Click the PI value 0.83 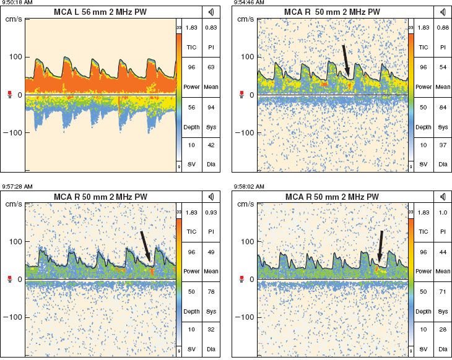click(x=212, y=28)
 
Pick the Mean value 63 click(x=212, y=67)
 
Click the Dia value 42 click(x=212, y=145)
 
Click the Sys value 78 click(x=212, y=289)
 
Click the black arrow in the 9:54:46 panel click(x=346, y=61)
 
